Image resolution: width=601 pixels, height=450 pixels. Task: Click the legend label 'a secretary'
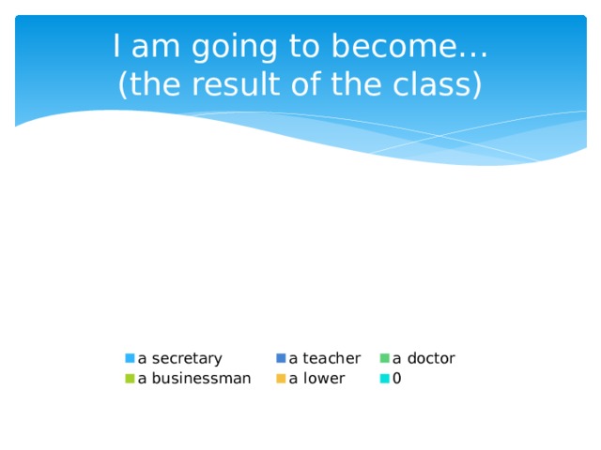click(179, 358)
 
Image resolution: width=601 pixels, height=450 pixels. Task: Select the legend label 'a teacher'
click(324, 358)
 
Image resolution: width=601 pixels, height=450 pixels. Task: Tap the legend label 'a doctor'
click(424, 358)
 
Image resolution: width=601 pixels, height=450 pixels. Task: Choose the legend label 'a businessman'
click(193, 379)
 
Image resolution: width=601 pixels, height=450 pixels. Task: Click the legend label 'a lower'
click(316, 379)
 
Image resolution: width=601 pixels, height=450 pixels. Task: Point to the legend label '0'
click(397, 379)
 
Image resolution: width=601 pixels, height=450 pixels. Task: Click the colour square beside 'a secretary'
click(131, 358)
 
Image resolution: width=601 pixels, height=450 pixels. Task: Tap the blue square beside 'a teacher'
click(281, 358)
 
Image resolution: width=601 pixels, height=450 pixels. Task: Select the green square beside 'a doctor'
click(385, 358)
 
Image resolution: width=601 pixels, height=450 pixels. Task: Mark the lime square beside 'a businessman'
click(131, 379)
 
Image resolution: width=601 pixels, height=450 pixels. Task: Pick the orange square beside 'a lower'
click(281, 379)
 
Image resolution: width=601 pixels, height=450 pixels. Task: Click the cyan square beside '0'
click(385, 379)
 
